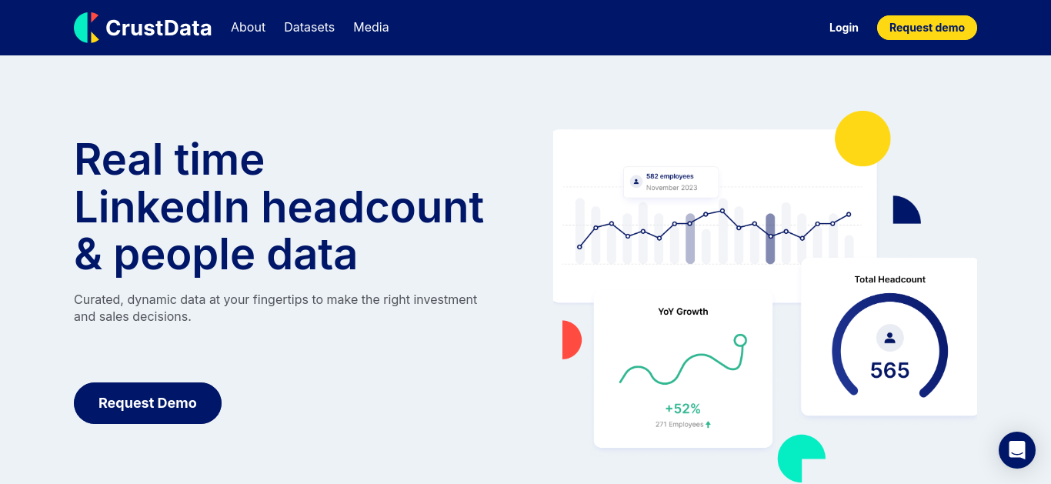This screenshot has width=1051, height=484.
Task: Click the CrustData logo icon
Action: click(87, 28)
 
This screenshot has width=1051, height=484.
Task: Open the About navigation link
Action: click(248, 27)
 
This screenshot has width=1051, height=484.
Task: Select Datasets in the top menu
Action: click(309, 27)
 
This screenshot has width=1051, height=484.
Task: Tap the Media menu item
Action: click(371, 27)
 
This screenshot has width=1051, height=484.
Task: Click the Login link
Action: click(843, 28)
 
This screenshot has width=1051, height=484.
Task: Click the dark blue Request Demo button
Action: click(147, 402)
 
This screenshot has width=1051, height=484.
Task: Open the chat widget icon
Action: click(1016, 450)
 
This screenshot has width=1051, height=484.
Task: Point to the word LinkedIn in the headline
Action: click(162, 207)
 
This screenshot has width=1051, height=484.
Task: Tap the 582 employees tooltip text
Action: click(669, 176)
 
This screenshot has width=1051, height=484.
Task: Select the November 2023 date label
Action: click(672, 188)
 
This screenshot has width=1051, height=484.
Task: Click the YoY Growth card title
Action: click(682, 312)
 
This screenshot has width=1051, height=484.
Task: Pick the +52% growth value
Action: click(682, 409)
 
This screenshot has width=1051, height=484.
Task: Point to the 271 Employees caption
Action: click(679, 425)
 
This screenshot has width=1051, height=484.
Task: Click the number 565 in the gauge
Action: click(889, 370)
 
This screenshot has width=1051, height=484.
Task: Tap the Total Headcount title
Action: click(889, 279)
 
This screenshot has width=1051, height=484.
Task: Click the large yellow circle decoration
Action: click(862, 139)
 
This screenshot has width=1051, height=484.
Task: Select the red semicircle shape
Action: click(572, 340)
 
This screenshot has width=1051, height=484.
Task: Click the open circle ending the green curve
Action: click(740, 340)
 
